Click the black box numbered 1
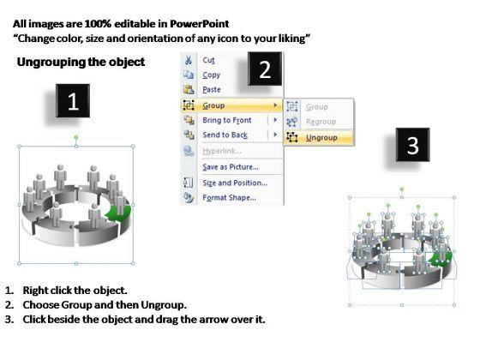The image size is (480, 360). click(x=73, y=101)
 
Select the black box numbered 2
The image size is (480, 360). click(x=265, y=69)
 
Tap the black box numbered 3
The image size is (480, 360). click(x=412, y=145)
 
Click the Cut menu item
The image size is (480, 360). click(x=208, y=60)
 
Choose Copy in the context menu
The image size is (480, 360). click(x=211, y=75)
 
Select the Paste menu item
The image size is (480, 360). click(x=212, y=90)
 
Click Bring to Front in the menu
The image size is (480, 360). click(x=227, y=120)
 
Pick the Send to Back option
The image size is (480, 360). click(x=225, y=135)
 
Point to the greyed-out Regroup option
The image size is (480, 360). click(x=321, y=122)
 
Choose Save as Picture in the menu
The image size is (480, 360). click(x=231, y=167)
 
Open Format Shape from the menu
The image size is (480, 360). click(x=230, y=198)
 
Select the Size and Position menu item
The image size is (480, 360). click(x=235, y=183)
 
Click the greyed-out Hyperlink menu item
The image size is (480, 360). click(x=222, y=151)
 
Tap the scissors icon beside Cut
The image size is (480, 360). click(x=189, y=60)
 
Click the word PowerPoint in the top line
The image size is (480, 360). click(x=199, y=24)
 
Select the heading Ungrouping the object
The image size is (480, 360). click(x=81, y=62)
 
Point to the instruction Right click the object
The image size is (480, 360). click(x=75, y=291)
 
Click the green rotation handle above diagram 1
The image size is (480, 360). click(x=76, y=138)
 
